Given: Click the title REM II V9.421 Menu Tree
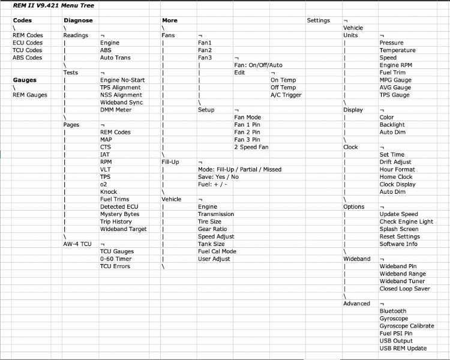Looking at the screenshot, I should [x=53, y=5].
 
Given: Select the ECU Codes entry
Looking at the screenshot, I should [x=28, y=43].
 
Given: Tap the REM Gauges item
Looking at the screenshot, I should [x=30, y=95].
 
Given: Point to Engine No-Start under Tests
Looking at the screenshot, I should [x=122, y=80].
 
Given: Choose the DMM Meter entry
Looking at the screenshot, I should [x=116, y=110].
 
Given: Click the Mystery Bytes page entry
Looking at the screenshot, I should [x=119, y=214].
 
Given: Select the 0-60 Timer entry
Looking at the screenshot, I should [x=116, y=259].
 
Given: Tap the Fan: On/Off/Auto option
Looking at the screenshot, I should [x=258, y=65].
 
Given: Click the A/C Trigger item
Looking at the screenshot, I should [x=286, y=95].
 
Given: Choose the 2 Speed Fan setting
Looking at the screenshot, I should [x=251, y=147].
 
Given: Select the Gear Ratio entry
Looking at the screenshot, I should [x=212, y=229].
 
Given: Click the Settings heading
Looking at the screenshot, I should [x=319, y=20].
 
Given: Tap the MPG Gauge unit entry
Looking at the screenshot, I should [x=395, y=80].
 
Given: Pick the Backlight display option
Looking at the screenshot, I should [x=392, y=125].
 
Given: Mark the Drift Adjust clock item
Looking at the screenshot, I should [x=395, y=162].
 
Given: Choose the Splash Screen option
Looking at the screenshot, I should [x=399, y=229].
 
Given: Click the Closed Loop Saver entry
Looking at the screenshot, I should [x=404, y=289].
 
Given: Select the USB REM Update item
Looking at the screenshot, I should [x=403, y=348].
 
